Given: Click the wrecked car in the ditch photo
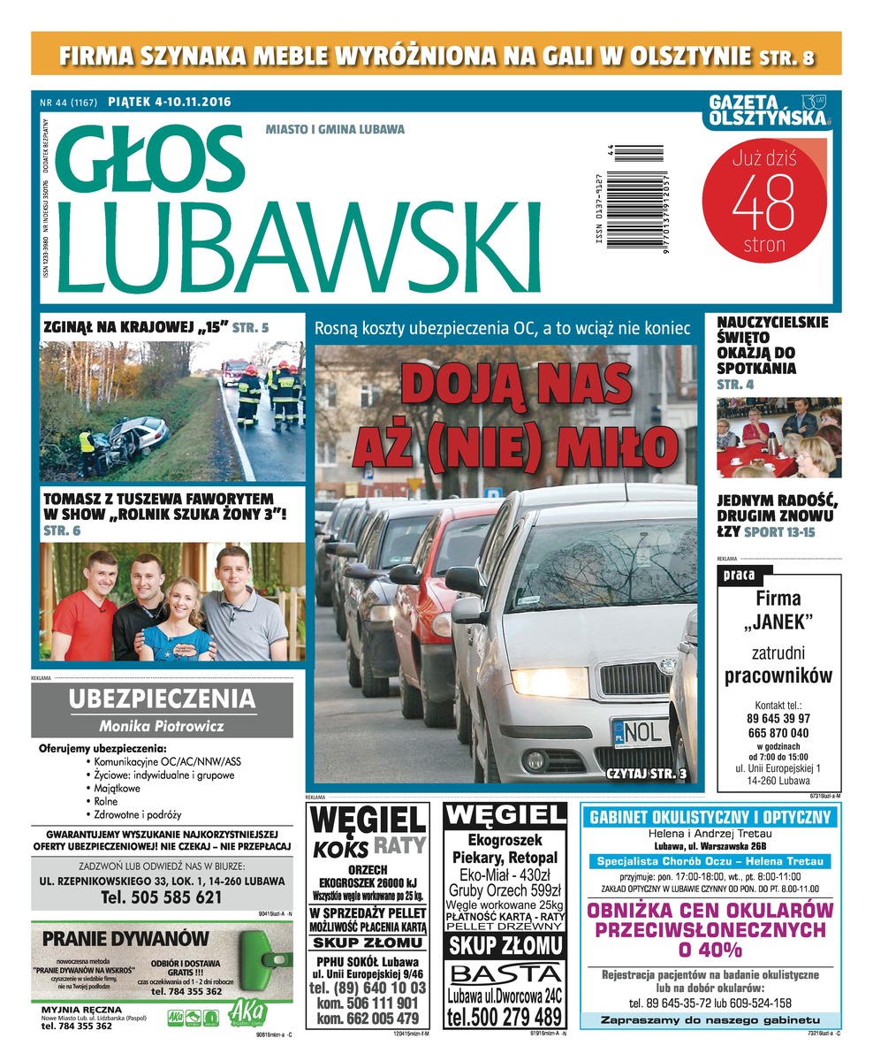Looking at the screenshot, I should click(x=133, y=439).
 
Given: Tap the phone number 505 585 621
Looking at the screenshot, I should click(x=162, y=897).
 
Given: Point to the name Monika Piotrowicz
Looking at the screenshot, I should click(x=162, y=727).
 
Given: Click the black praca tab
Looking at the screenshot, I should click(x=738, y=576).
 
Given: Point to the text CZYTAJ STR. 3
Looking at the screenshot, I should click(x=645, y=774).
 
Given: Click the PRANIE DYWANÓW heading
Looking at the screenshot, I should click(x=125, y=937).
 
